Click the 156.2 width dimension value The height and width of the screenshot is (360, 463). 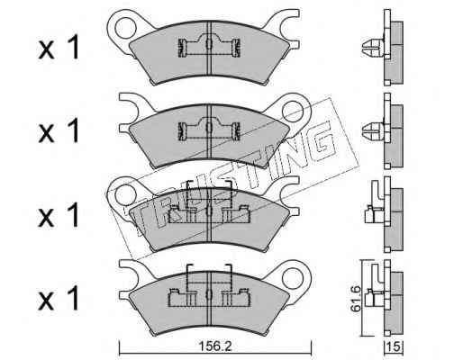[x=215, y=346]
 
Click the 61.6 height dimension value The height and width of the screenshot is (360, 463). [x=356, y=299]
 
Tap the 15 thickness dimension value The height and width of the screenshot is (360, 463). [x=394, y=347]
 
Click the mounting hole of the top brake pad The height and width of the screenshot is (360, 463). [x=124, y=27]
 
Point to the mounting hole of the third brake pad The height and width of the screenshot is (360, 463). [x=124, y=194]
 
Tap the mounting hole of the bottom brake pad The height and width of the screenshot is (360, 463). [x=294, y=277]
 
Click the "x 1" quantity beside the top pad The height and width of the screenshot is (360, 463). [x=59, y=48]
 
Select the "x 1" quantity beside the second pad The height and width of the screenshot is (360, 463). [x=59, y=130]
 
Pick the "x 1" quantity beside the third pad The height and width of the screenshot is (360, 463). [x=59, y=214]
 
